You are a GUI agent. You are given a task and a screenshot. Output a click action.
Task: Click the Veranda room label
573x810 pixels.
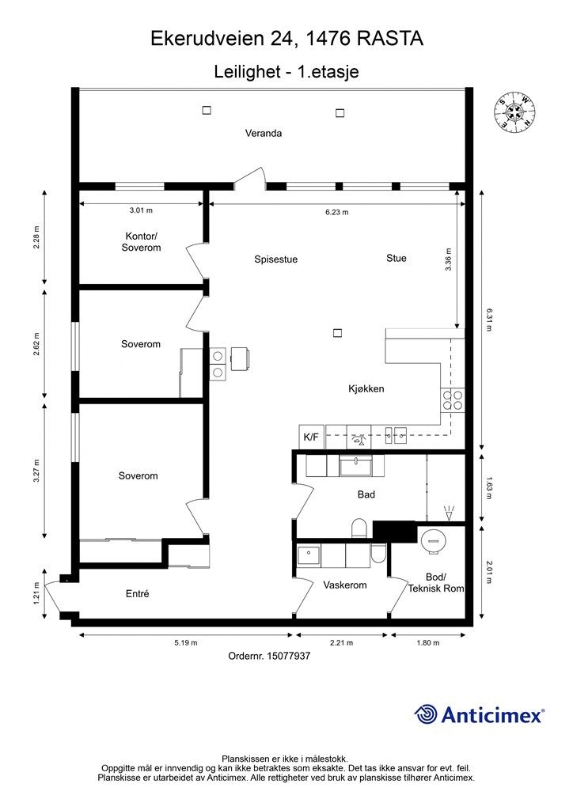[x=263, y=133]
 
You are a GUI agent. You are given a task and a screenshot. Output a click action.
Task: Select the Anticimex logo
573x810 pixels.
[x=479, y=714]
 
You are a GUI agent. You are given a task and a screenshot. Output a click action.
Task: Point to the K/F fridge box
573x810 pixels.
[x=311, y=437]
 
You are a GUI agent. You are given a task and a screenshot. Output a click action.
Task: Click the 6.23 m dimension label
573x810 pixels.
[x=336, y=212]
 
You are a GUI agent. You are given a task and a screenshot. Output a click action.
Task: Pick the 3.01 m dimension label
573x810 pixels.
[x=141, y=210]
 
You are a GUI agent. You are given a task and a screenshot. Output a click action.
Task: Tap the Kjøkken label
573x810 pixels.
[x=366, y=388]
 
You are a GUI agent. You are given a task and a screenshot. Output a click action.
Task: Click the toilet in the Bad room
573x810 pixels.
[x=359, y=528]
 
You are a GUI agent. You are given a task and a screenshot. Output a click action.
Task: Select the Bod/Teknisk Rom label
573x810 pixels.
[x=435, y=583]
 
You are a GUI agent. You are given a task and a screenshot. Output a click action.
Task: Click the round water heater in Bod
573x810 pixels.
[x=432, y=540]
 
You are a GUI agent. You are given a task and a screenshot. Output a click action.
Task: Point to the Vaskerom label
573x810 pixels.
[x=344, y=585]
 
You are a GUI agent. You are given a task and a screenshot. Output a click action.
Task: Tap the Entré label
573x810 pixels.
[x=138, y=594]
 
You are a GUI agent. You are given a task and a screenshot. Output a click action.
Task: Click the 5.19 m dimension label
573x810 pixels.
[x=185, y=642]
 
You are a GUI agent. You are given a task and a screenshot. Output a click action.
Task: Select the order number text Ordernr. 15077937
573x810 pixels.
[x=269, y=656]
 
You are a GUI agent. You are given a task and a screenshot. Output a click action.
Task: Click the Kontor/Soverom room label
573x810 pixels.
[x=141, y=242]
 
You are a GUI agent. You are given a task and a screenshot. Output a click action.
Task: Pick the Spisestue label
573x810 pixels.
[x=276, y=259]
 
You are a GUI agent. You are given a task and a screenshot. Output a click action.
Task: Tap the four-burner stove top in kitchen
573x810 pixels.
[x=453, y=400]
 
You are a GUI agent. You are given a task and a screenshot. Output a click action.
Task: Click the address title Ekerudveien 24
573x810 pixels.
[x=224, y=38]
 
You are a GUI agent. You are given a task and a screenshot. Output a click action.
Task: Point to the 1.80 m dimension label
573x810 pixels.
[x=427, y=642]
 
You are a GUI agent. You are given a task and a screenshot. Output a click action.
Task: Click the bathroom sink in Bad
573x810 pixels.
[x=355, y=465]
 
